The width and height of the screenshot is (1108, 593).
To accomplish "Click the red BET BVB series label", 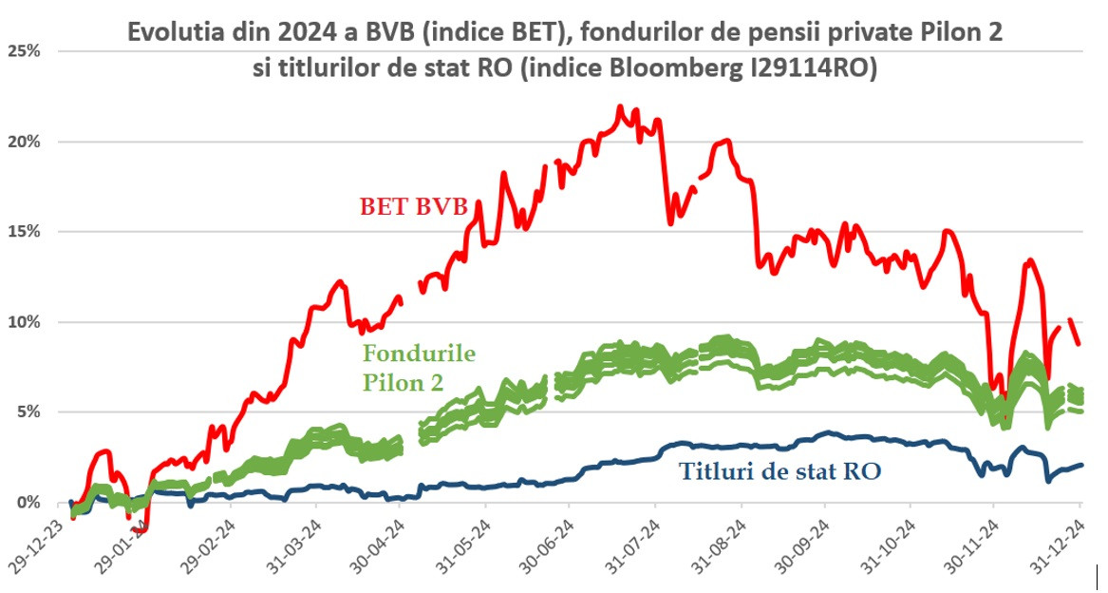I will pyautogui.click(x=413, y=206).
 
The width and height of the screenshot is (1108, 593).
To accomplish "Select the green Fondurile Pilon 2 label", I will pyautogui.click(x=419, y=368).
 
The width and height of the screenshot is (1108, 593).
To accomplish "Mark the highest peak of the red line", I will pyautogui.click(x=620, y=107).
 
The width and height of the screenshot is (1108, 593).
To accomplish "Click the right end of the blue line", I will pyautogui.click(x=1081, y=465).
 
